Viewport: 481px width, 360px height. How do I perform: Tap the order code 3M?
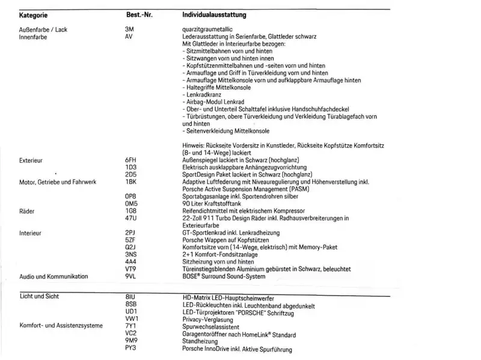pos(129,28)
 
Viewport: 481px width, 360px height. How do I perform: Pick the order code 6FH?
pos(131,161)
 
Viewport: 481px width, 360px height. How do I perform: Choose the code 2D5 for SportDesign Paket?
pos(131,174)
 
